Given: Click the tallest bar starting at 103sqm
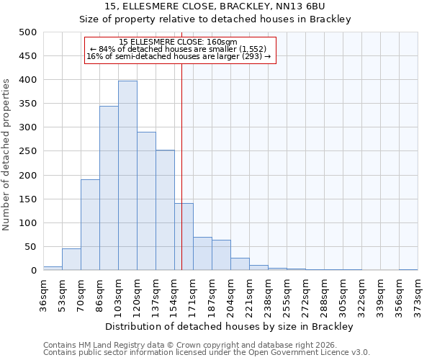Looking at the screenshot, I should [127, 176].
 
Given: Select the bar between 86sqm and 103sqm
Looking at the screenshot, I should [109, 188].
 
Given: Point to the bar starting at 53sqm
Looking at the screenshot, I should [71, 259].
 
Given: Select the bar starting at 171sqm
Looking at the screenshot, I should [202, 253].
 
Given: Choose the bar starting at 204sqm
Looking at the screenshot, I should [240, 264].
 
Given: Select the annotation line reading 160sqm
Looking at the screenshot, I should [180, 42].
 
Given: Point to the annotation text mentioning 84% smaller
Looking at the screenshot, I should [180, 49].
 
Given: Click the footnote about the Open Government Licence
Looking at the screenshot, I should [207, 353].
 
